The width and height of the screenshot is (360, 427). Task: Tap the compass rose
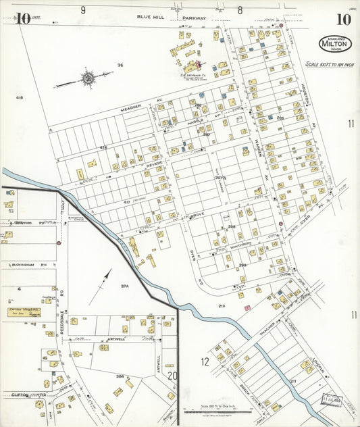(87, 78)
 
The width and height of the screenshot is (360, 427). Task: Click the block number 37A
(124, 286)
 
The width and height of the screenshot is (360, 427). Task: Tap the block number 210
(221, 306)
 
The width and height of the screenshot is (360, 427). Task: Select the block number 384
(120, 376)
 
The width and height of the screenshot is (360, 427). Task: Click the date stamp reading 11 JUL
(332, 399)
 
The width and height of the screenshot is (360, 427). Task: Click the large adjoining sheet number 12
(205, 361)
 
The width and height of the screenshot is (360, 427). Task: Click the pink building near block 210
(248, 308)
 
